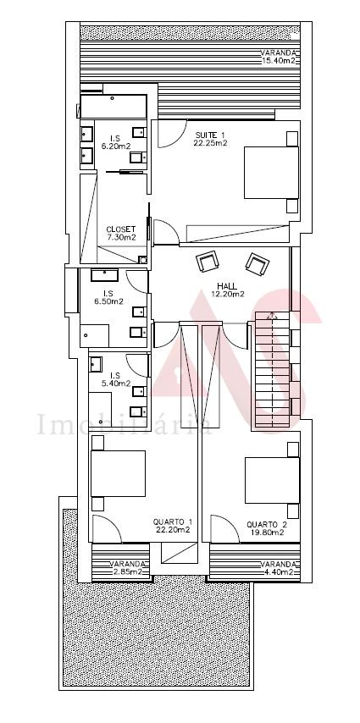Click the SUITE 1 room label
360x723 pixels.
point(210,135)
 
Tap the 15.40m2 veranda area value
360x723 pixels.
point(279,60)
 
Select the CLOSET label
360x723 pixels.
point(121,229)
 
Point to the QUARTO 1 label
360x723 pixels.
point(173,522)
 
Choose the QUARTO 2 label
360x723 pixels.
point(267,525)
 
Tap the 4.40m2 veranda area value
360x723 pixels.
point(277,572)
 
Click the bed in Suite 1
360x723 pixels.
point(271,173)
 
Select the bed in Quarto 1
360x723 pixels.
point(118,473)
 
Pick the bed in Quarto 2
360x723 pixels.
point(272,480)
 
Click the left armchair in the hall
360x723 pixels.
point(208,262)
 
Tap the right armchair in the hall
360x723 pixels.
point(257,264)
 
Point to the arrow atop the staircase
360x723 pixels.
point(272,317)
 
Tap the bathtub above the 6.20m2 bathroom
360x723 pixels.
point(114,107)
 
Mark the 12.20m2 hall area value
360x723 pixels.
point(228,294)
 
